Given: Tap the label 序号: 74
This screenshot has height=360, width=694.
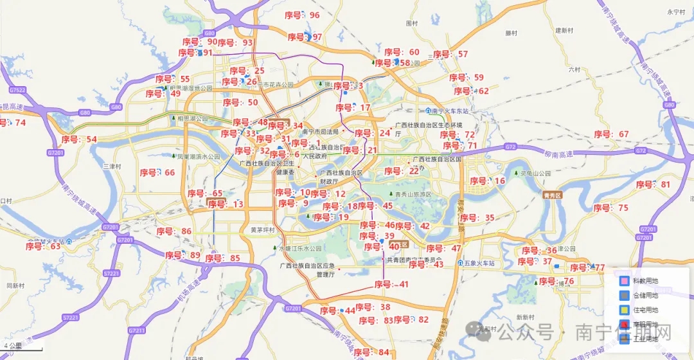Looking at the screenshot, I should point(12,123).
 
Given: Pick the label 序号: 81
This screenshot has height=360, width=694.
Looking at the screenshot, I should point(653,185).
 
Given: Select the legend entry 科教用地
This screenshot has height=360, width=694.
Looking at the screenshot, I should point(645,281).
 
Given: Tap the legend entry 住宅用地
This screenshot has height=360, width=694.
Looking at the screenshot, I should point(645,310).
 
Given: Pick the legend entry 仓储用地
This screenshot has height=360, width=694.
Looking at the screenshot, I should point(645,296).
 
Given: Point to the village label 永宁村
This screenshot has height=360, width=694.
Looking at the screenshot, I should point(677,12).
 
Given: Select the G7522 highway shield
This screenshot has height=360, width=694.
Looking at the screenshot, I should point(17,90).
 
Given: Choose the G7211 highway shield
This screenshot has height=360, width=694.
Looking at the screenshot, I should point(137,330).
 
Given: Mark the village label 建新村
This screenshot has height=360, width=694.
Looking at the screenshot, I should point(564,30).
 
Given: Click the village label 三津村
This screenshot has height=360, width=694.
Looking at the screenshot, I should point(112,166).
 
